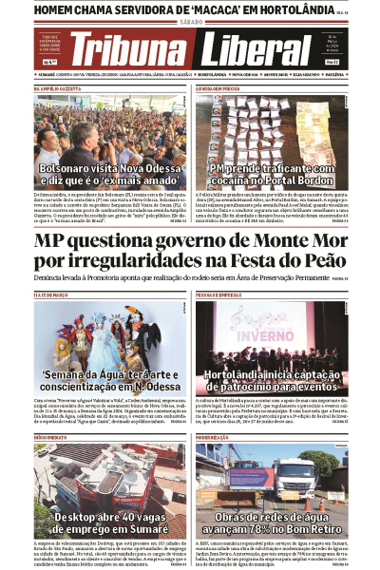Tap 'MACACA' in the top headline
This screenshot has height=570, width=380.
tap(194, 8)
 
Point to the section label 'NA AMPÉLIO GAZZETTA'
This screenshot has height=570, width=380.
tap(57, 88)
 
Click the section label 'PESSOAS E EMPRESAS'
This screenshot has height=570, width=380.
tap(218, 295)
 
